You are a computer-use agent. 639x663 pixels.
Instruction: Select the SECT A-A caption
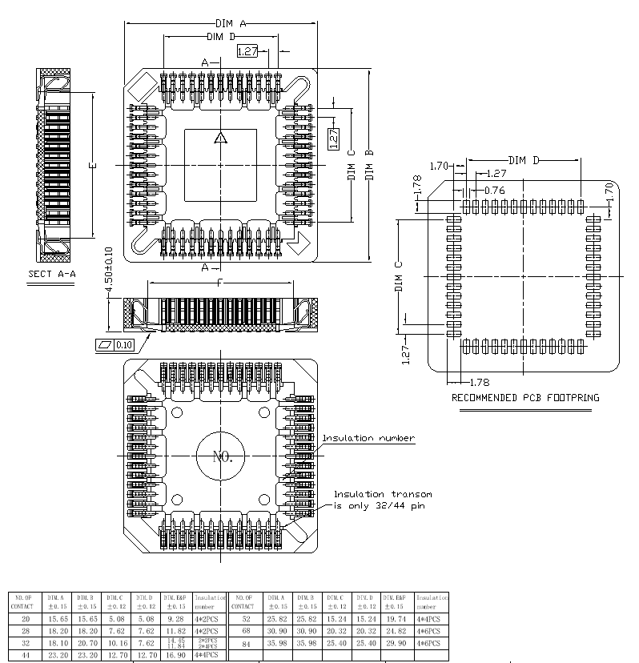pyautogui.click(x=51, y=274)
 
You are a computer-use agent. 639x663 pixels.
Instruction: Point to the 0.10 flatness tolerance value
pyautogui.click(x=123, y=344)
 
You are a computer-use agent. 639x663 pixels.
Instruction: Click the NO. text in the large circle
pyautogui.click(x=221, y=457)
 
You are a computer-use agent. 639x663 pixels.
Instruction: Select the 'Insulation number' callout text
pyautogui.click(x=368, y=438)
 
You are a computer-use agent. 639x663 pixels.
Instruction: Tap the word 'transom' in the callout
pyautogui.click(x=410, y=494)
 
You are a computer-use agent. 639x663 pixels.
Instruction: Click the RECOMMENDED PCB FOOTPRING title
pyautogui.click(x=525, y=397)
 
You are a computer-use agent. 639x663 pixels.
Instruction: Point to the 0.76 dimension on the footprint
pyautogui.click(x=495, y=190)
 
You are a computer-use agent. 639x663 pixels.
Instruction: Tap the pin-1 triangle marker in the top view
pyautogui.click(x=221, y=139)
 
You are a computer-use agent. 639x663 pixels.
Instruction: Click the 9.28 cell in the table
pyautogui.click(x=175, y=620)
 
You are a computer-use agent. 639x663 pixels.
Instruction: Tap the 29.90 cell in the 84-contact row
pyautogui.click(x=396, y=643)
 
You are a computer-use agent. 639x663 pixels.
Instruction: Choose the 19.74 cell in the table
pyautogui.click(x=396, y=620)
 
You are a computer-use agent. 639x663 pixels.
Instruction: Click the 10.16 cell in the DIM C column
pyautogui.click(x=115, y=643)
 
